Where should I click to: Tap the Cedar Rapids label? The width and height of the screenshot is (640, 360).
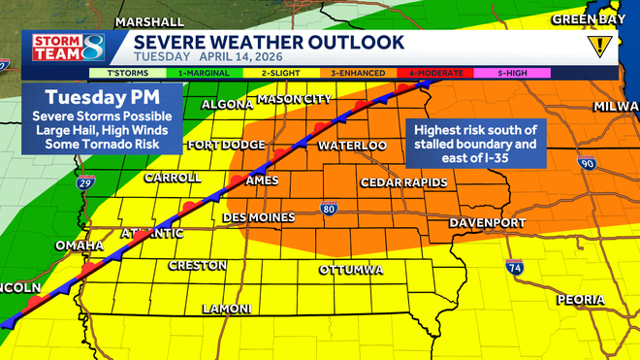[403, 182]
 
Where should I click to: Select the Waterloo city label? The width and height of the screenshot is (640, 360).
[353, 146]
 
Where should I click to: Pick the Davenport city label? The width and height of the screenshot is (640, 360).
[487, 224]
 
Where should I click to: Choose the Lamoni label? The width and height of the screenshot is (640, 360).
[226, 309]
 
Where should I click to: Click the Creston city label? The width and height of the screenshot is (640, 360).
[197, 265]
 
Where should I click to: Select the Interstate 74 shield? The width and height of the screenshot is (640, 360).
[514, 267]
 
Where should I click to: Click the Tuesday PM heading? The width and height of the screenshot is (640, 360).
[102, 98]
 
